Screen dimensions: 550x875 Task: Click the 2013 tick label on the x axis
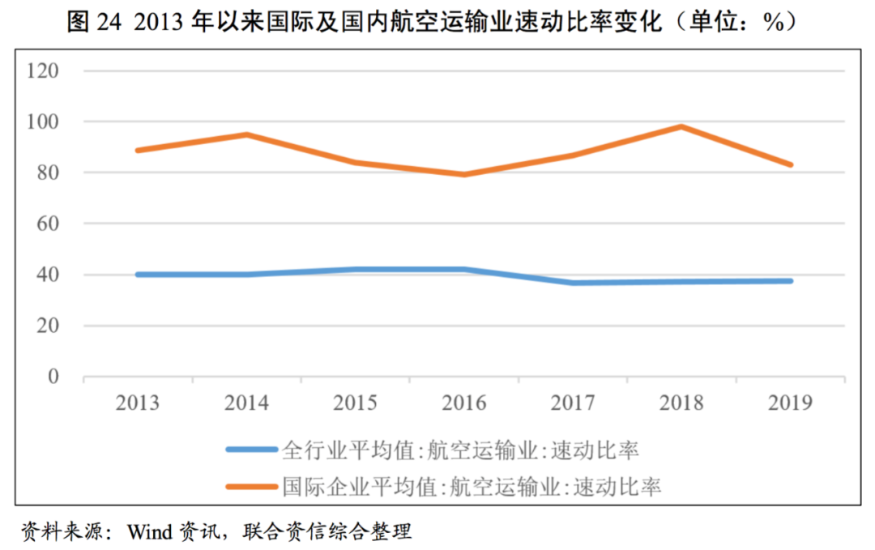click(137, 403)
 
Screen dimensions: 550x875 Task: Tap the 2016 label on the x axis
click(464, 403)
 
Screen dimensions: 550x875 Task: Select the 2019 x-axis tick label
click(791, 403)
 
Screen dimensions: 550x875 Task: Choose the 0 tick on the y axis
click(54, 377)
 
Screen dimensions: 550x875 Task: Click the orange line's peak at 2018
click(682, 126)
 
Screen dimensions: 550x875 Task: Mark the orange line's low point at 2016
click(464, 174)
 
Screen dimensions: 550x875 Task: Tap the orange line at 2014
click(246, 134)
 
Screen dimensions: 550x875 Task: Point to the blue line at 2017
click(574, 283)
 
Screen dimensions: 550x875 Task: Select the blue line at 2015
click(356, 270)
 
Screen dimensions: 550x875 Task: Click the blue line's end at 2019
click(791, 281)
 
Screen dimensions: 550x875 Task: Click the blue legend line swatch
click(250, 449)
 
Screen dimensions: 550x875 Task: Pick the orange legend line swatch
click(250, 487)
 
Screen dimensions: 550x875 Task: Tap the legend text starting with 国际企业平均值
click(472, 487)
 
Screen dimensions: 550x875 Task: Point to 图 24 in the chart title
click(92, 23)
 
